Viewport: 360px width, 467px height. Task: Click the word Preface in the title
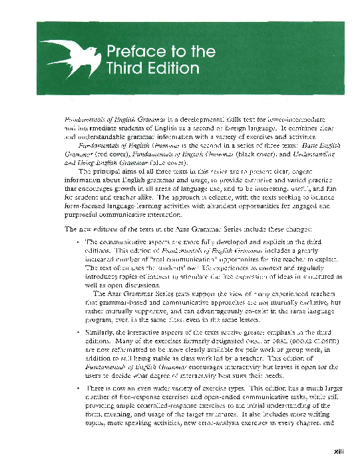133,51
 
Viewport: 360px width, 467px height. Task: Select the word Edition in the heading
170,68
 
